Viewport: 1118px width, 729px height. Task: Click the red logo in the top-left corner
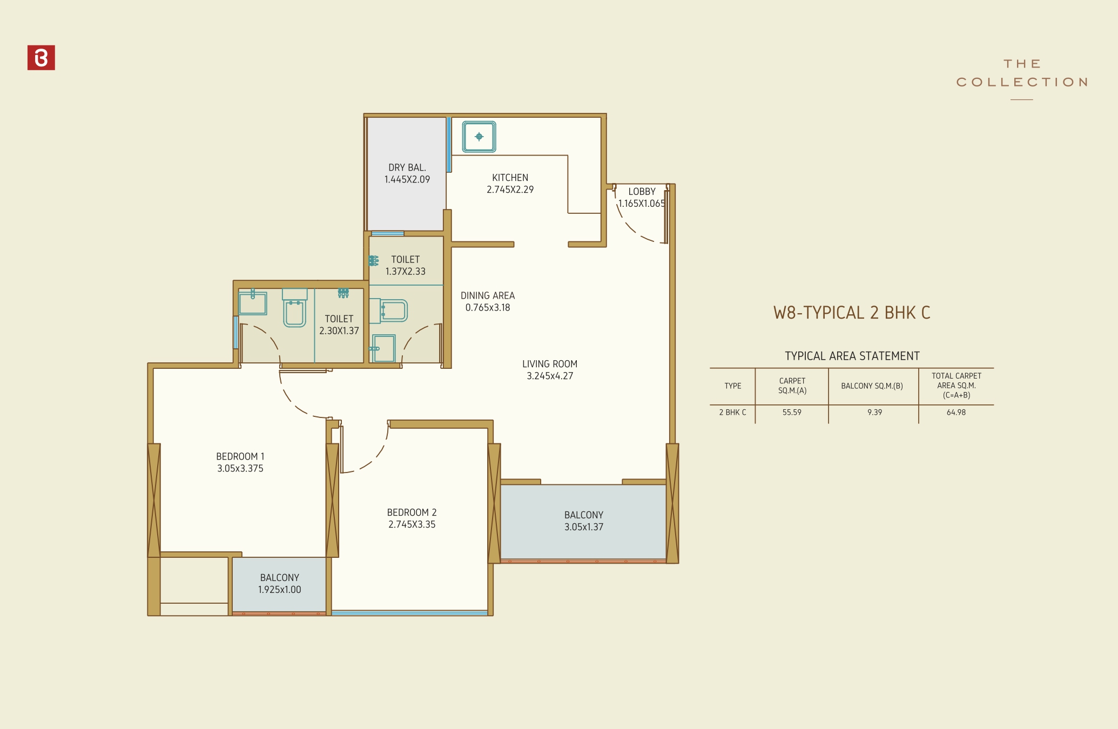pyautogui.click(x=41, y=58)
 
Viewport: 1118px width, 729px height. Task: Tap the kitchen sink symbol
pyautogui.click(x=479, y=137)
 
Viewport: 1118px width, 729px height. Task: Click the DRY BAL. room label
pyautogui.click(x=407, y=167)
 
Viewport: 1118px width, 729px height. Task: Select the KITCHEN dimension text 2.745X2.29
pyautogui.click(x=510, y=190)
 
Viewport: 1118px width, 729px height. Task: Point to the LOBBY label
pyautogui.click(x=642, y=192)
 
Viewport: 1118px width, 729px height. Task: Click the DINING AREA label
pyautogui.click(x=487, y=295)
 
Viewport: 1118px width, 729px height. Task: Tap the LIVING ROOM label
pyautogui.click(x=550, y=364)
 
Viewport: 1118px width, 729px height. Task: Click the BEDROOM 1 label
pyautogui.click(x=240, y=456)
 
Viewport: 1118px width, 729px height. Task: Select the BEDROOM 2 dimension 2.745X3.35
pyautogui.click(x=412, y=524)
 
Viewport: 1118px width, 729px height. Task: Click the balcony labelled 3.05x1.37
pyautogui.click(x=583, y=521)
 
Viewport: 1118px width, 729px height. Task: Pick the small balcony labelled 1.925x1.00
pyautogui.click(x=279, y=584)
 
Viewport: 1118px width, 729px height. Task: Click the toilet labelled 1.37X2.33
pyautogui.click(x=405, y=266)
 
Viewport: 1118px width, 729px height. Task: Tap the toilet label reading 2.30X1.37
pyautogui.click(x=339, y=325)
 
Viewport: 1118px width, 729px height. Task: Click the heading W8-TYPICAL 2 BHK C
pyautogui.click(x=852, y=313)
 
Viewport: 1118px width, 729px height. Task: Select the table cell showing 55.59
pyautogui.click(x=792, y=413)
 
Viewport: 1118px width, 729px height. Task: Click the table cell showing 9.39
pyautogui.click(x=874, y=413)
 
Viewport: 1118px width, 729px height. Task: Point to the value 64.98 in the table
pyautogui.click(x=956, y=413)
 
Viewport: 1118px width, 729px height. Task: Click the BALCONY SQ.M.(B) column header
pyautogui.click(x=872, y=386)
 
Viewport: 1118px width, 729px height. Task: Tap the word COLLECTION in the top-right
pyautogui.click(x=1022, y=82)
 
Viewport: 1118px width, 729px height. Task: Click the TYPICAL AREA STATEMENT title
pyautogui.click(x=852, y=356)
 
